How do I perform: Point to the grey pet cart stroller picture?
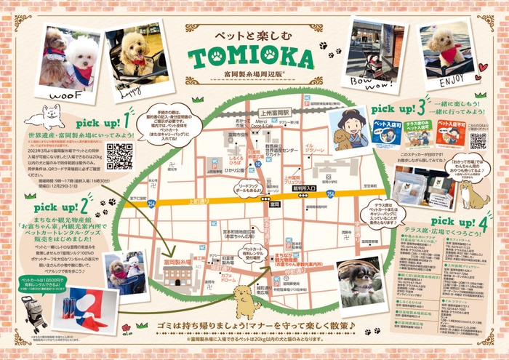(x=32, y=312)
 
